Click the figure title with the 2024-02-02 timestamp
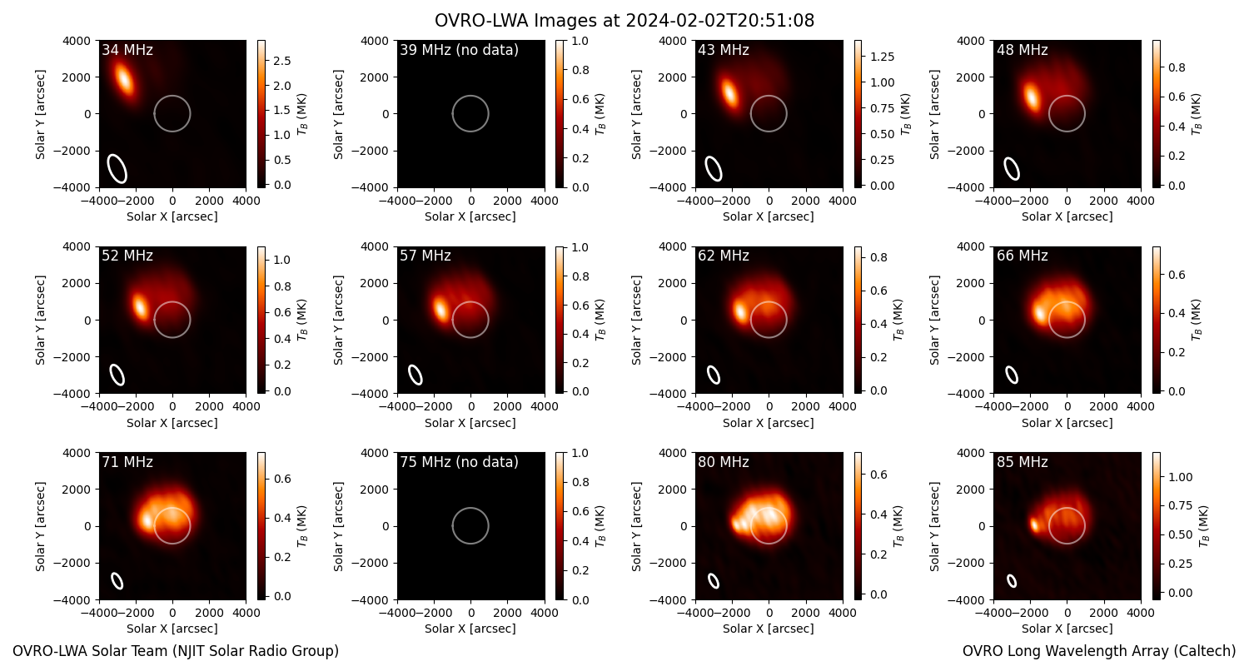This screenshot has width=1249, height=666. (624, 21)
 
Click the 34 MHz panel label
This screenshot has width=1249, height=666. (127, 50)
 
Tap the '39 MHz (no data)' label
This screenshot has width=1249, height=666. (459, 50)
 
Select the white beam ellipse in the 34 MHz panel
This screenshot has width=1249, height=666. (117, 168)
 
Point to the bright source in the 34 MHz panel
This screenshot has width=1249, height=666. (124, 79)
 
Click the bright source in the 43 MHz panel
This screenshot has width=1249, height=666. (729, 92)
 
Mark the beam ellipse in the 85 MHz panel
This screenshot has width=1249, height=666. (1012, 581)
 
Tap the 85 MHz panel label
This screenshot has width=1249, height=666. (1022, 462)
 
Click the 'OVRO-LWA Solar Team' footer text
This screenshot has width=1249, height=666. (175, 651)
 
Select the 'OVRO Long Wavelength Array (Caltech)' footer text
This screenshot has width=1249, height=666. (1099, 651)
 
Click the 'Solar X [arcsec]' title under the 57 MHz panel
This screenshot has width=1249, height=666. (470, 422)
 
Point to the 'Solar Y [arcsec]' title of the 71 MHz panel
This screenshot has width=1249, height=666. (40, 527)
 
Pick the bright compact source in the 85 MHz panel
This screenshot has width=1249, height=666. (1034, 525)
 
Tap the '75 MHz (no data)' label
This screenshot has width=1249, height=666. (459, 462)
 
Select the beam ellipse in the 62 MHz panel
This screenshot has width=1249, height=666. (714, 375)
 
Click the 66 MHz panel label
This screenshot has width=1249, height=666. (1022, 256)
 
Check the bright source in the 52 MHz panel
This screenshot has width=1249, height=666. (139, 306)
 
